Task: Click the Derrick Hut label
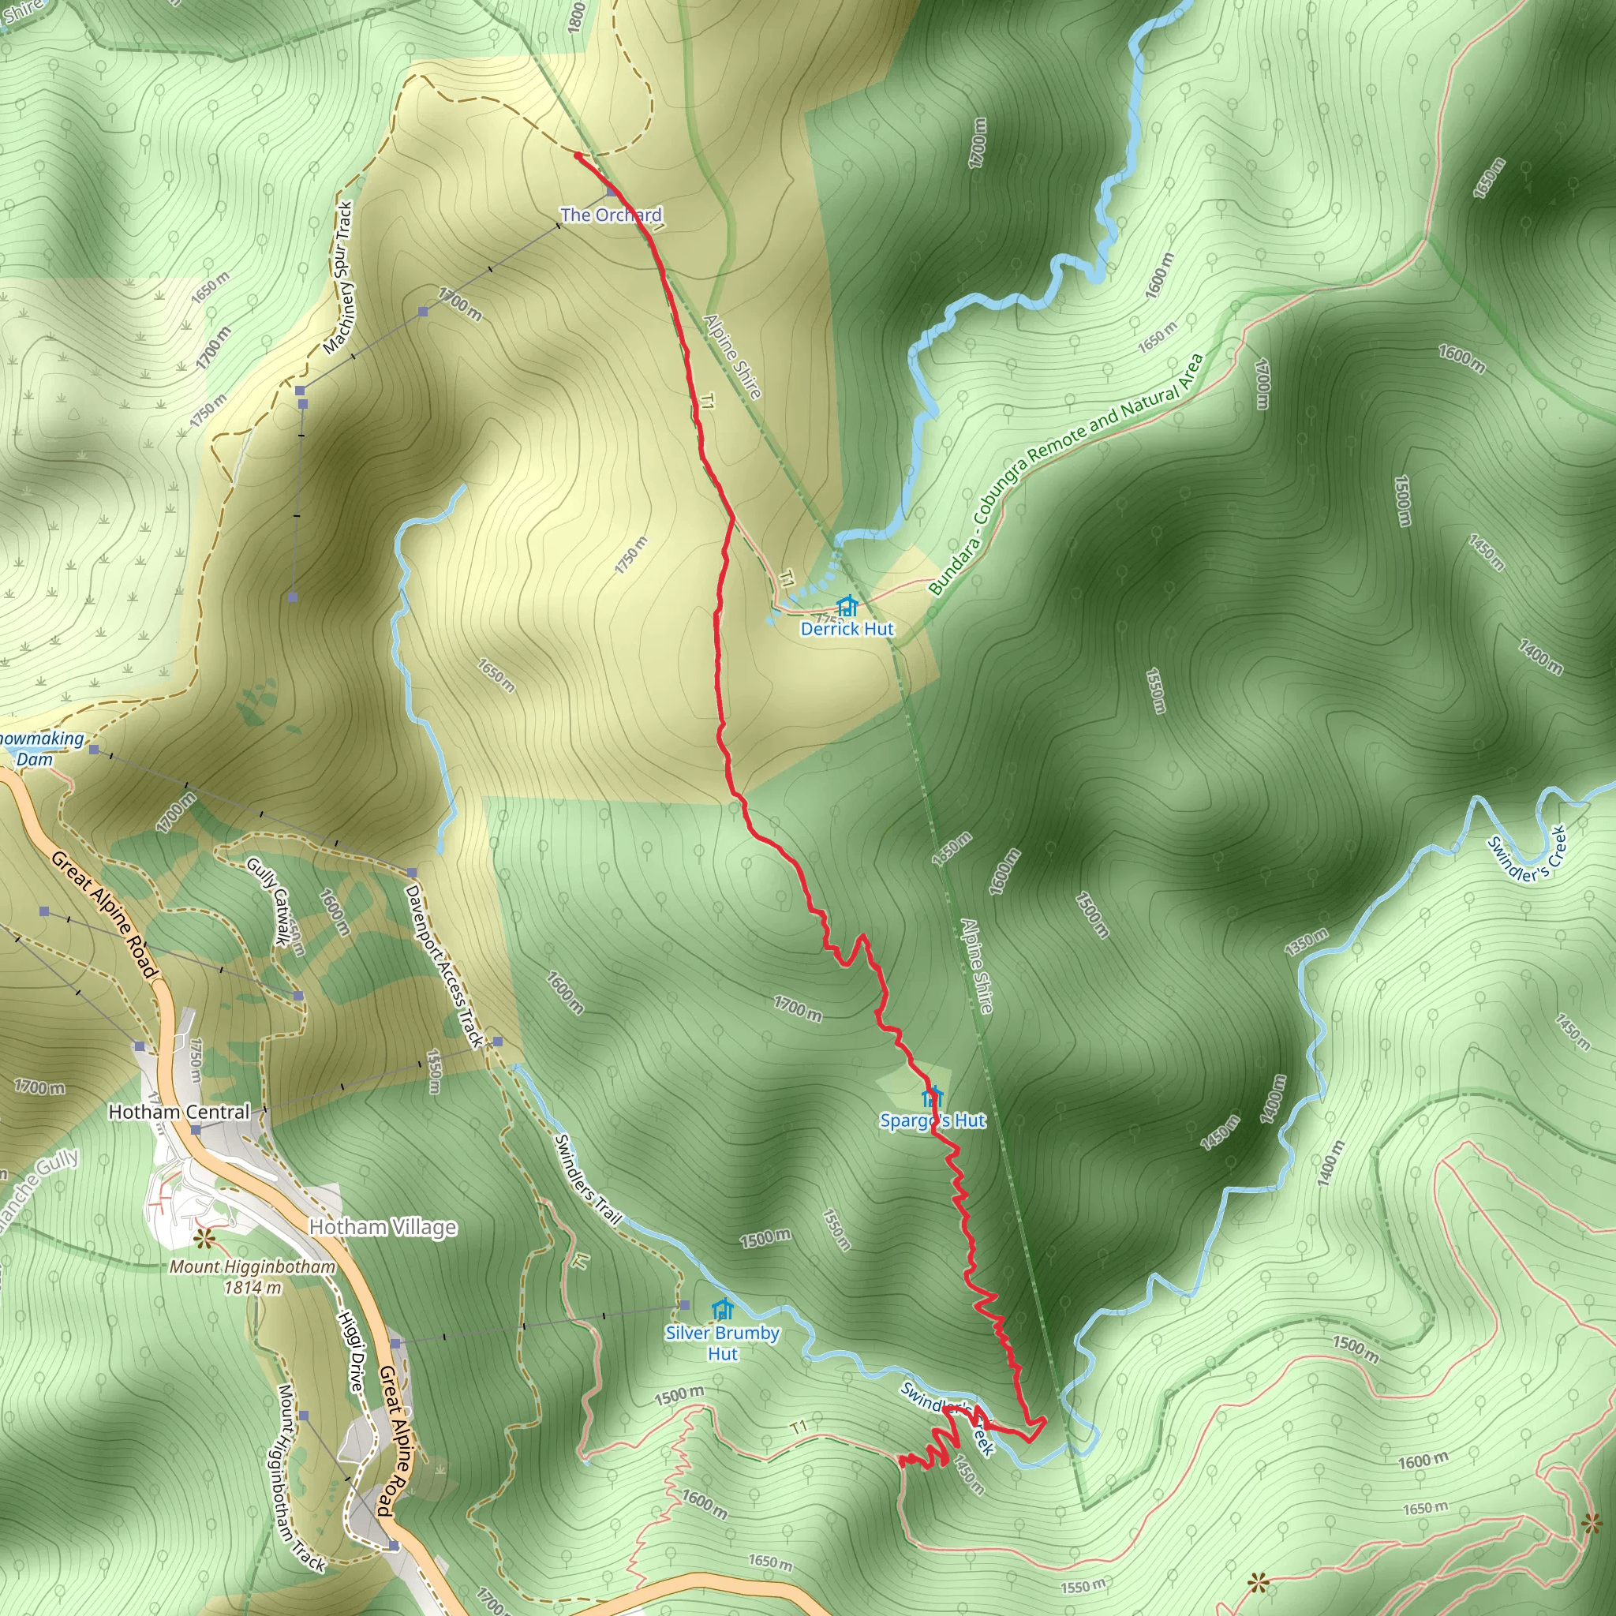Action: tap(847, 629)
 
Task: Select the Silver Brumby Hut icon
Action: tap(723, 1309)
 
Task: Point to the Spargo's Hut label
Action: tap(933, 1120)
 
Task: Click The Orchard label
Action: tap(611, 215)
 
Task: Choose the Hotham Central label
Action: tap(179, 1112)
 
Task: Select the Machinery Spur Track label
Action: tap(338, 279)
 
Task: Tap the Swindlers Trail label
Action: tap(589, 1180)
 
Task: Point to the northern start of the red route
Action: tap(577, 155)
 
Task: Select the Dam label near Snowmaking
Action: tap(34, 760)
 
